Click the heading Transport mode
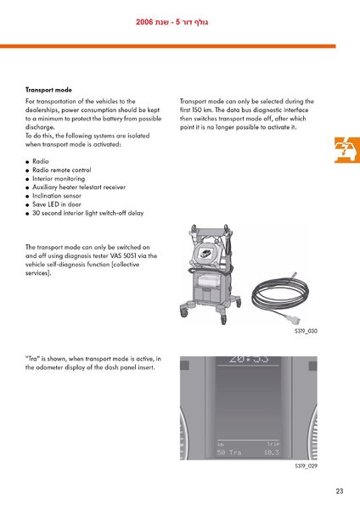point(48,90)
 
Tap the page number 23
point(340,491)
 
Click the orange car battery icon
point(347,150)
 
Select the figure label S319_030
point(306,331)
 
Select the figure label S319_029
point(306,466)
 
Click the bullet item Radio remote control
point(62,171)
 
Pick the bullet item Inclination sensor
point(57,196)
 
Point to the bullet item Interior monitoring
point(59,178)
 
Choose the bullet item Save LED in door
point(57,204)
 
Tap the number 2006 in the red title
point(144,22)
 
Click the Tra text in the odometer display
point(235,452)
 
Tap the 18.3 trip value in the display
point(272,452)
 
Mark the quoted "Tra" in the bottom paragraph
point(32,359)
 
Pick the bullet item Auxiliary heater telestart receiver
point(79,187)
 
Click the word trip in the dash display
point(273,444)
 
